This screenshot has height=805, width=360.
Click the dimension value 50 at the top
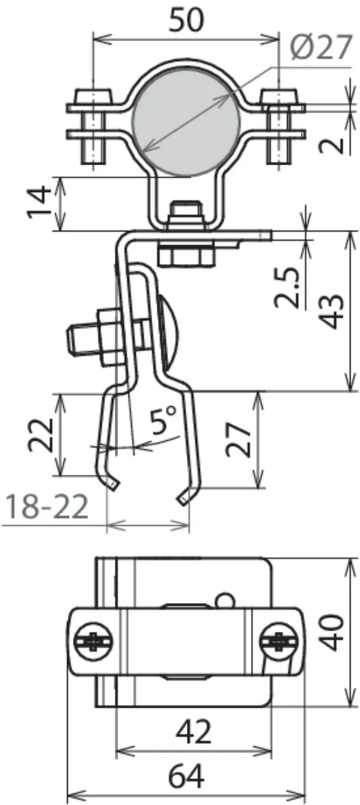coord(186,20)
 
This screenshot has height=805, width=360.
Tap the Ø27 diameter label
coord(321,47)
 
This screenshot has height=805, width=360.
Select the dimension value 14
coord(40,202)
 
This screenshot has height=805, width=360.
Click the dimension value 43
coord(332,311)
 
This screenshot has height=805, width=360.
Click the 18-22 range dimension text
coord(47,506)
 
